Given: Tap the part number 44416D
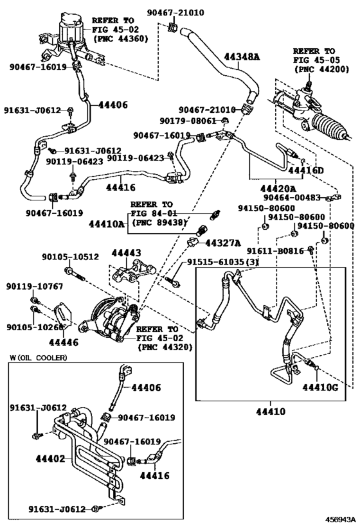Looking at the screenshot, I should (305, 171).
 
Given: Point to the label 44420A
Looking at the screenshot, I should (278, 189).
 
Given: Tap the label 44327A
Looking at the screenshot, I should (222, 243).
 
